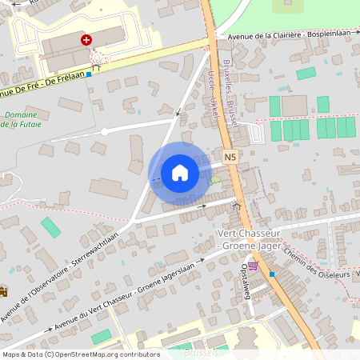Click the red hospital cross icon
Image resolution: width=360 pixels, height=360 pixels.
86,38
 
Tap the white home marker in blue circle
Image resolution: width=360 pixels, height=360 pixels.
180,173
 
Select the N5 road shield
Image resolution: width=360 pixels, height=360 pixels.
230,158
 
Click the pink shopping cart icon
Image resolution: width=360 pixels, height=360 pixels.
254,266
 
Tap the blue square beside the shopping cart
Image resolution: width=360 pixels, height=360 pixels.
272,274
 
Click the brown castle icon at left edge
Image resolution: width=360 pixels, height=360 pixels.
3,291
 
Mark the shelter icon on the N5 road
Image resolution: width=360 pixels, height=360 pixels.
236,206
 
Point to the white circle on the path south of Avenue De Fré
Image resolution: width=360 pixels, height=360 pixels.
105,131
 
